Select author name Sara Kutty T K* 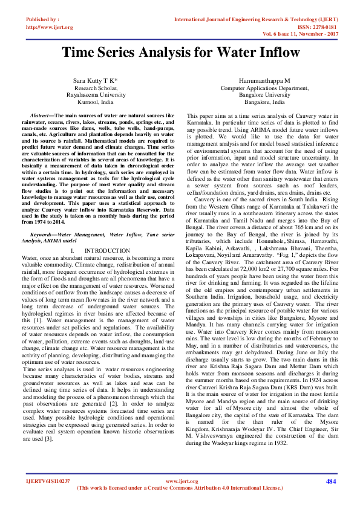95,80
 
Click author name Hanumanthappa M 264,80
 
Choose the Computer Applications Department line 264,88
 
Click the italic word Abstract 41,115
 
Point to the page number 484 330,481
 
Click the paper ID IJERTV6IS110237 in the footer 48,481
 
